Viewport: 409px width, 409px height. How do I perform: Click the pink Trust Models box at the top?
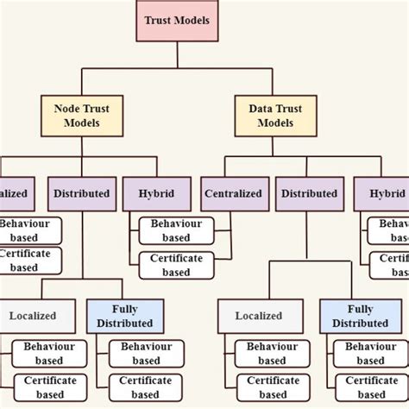click(x=177, y=20)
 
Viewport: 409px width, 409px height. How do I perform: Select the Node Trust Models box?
click(x=82, y=116)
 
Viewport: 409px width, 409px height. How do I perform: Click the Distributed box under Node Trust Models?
click(x=82, y=194)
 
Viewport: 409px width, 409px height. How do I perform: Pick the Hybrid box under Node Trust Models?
click(x=154, y=194)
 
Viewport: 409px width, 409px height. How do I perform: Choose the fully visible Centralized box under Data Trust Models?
click(x=232, y=194)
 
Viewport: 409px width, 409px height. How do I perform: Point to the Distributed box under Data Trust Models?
click(x=309, y=194)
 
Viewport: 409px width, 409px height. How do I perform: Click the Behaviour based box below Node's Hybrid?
click(x=176, y=230)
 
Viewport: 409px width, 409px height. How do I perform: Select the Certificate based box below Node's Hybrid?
click(x=176, y=265)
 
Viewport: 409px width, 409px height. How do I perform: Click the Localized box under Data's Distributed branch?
click(x=259, y=316)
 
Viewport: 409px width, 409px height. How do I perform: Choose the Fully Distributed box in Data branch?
click(x=359, y=316)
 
